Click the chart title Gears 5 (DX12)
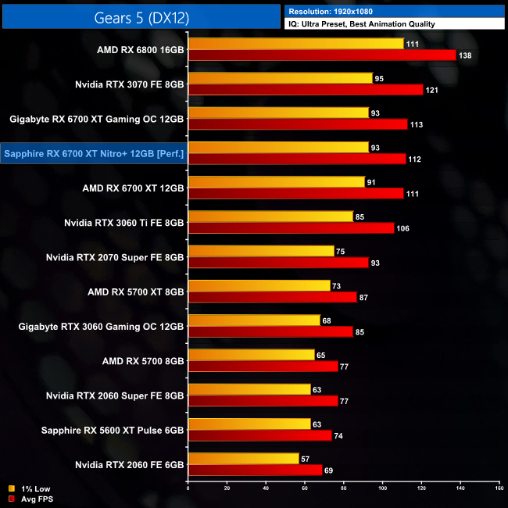coord(141,16)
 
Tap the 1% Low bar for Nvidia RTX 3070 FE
coord(281,78)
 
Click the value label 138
coord(467,55)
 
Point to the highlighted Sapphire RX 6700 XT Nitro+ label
coord(94,154)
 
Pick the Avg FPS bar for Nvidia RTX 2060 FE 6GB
coord(255,470)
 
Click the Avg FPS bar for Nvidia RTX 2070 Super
coord(278,263)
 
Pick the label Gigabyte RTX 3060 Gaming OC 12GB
coord(102,326)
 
